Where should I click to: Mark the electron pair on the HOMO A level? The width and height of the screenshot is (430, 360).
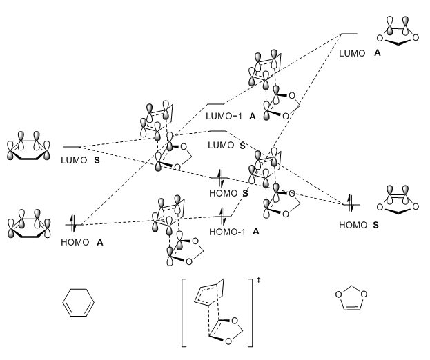[75, 223]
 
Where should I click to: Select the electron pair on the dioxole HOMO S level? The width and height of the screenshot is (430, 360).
[351, 203]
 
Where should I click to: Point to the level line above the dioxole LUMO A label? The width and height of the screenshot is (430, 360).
[350, 33]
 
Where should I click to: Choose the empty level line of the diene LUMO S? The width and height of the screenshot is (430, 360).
[72, 147]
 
